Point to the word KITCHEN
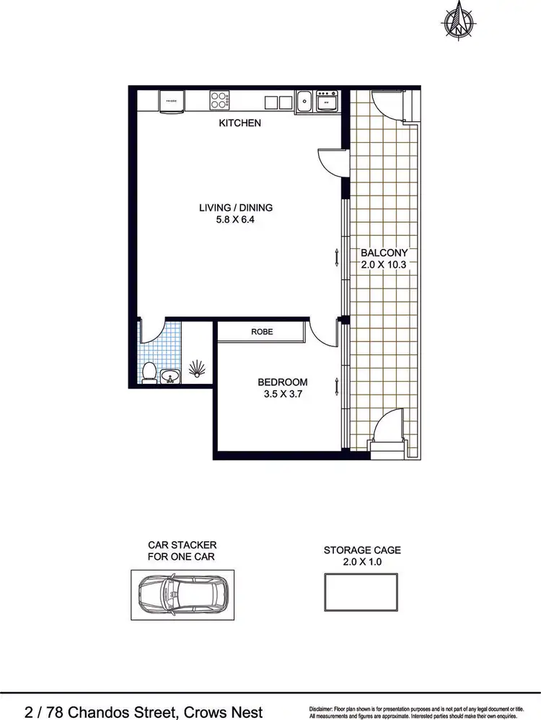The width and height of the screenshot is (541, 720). [x=239, y=123]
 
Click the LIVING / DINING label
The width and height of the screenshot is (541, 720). [x=236, y=208]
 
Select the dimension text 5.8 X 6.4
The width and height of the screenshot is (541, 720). [x=236, y=221]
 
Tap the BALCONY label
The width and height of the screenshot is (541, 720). [x=384, y=253]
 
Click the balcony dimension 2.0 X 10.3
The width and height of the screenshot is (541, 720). [x=384, y=265]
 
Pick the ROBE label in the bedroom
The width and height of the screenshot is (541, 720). [x=260, y=333]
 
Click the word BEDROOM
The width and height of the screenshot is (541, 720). [x=283, y=382]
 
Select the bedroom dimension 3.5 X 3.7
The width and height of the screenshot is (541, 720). [x=283, y=395]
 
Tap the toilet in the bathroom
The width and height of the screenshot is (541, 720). [x=149, y=371]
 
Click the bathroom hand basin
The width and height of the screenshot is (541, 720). [x=170, y=375]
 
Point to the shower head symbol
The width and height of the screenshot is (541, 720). [x=197, y=370]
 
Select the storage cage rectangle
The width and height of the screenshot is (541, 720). [x=361, y=593]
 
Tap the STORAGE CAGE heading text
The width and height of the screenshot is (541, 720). [x=361, y=550]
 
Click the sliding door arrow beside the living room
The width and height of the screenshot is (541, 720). [x=336, y=257]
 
